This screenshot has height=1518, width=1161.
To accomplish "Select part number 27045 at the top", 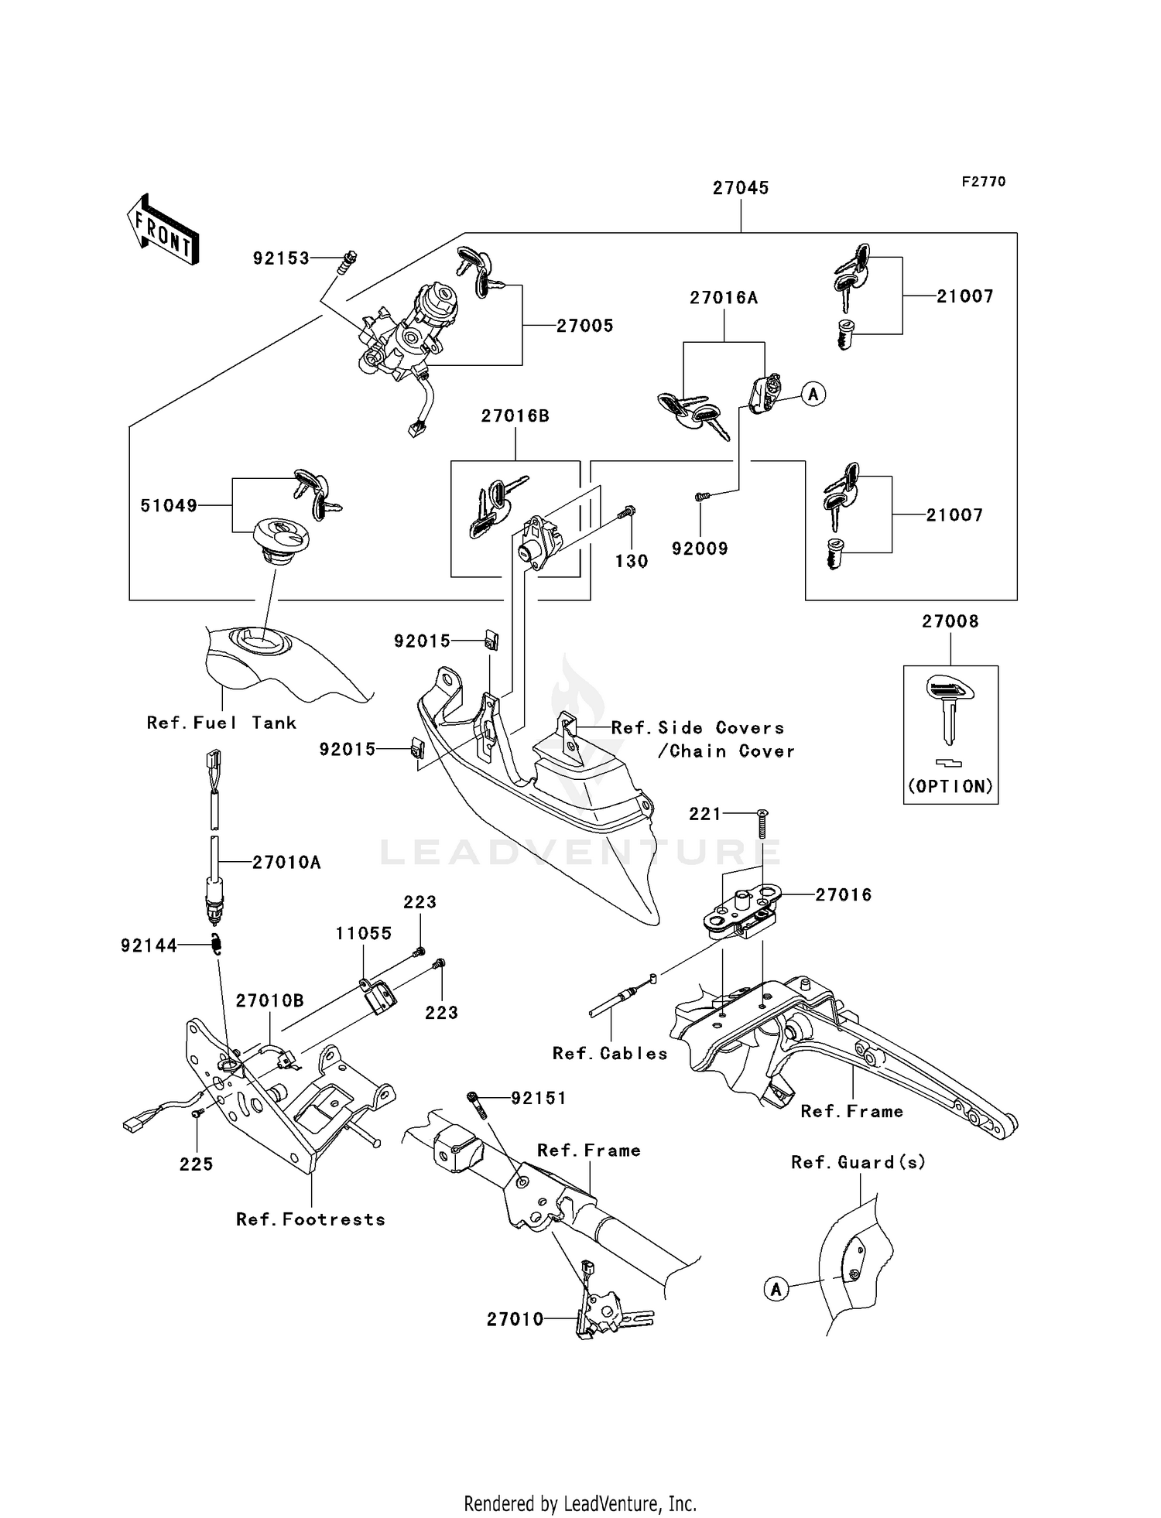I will click(x=740, y=188).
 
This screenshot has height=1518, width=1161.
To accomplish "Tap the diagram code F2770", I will click(x=984, y=182).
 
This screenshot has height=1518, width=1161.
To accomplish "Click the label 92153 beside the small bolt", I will click(x=281, y=258).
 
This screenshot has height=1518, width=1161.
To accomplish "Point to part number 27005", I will click(x=585, y=326).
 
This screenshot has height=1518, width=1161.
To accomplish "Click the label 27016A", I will click(x=724, y=298).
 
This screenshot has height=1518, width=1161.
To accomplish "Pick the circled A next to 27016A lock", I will click(x=813, y=394).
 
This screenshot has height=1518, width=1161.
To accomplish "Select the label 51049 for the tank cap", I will click(x=168, y=506).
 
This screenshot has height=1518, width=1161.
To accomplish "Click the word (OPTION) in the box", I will click(x=950, y=786).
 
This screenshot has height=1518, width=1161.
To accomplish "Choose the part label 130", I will click(x=632, y=562).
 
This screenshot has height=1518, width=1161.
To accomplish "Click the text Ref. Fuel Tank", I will click(x=221, y=723).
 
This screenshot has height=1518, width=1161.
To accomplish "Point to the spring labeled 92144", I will click(x=218, y=945).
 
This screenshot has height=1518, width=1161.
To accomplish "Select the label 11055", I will click(x=363, y=933).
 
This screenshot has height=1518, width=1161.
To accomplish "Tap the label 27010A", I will click(x=286, y=862).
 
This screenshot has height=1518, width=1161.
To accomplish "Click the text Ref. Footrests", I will click(x=310, y=1219).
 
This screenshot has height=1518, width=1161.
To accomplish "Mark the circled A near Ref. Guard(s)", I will click(x=776, y=1289).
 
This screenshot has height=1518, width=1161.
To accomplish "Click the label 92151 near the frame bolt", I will click(x=539, y=1098).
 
